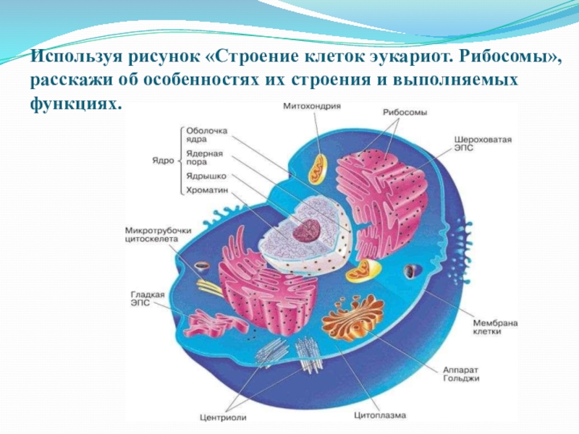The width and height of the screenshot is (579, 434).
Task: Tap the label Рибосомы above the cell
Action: click(405, 113)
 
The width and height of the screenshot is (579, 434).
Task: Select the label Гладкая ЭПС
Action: click(148, 299)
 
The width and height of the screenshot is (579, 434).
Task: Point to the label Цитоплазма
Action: click(380, 416)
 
